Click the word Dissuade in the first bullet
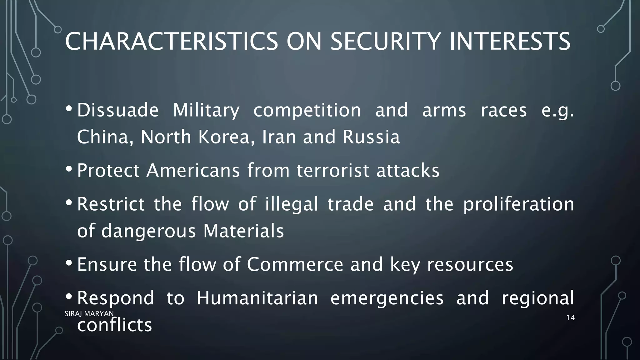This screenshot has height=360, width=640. (x=118, y=110)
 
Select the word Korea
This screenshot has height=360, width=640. (x=226, y=137)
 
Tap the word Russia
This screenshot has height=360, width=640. (x=371, y=137)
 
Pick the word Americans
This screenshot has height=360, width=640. (x=193, y=171)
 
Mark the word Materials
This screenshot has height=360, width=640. (x=243, y=231)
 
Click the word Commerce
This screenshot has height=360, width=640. (x=295, y=264)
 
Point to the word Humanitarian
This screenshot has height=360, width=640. (x=257, y=298)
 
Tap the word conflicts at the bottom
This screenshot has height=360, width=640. (x=114, y=325)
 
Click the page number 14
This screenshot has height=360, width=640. (x=570, y=318)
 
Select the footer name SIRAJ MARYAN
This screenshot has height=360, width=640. (x=89, y=313)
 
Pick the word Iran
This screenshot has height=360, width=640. (x=279, y=137)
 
